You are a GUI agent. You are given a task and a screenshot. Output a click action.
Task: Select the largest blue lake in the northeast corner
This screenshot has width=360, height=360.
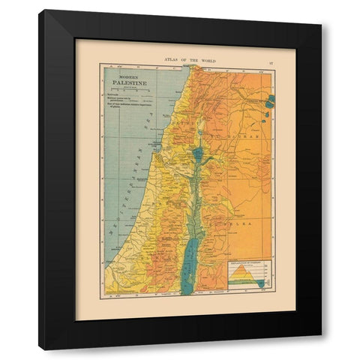pos(269,100)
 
